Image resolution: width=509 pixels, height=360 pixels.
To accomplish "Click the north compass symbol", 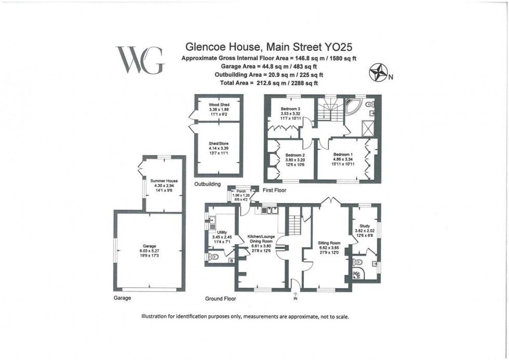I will coord(377,73).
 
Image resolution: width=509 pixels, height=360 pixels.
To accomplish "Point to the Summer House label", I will coord(164,181).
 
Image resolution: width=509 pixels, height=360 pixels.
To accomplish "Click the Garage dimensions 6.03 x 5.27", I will coord(149,251).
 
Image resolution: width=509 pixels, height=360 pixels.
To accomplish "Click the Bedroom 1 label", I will coord(343,154).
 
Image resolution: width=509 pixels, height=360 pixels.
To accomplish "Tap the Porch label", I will coord(241,191).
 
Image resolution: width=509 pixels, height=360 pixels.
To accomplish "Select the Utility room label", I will coord(222,233).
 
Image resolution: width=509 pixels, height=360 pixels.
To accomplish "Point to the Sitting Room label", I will coord(328,243).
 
